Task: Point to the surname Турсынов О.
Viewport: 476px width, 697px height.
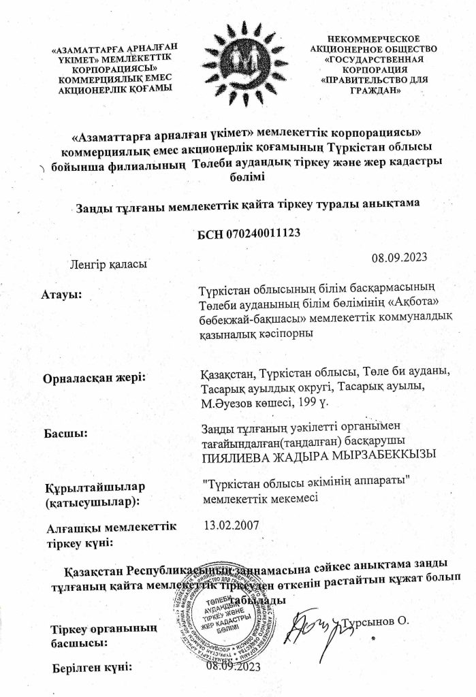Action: pyautogui.click(x=377, y=621)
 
